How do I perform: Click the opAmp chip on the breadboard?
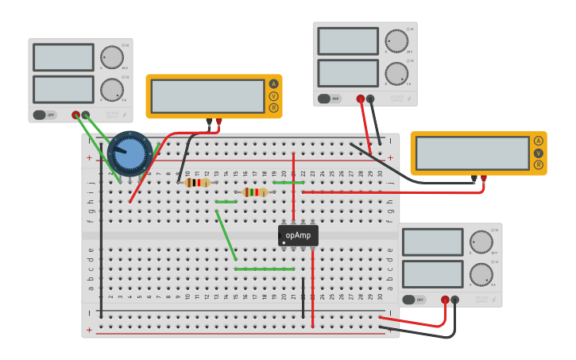tap(298, 235)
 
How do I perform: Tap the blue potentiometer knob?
tap(130, 153)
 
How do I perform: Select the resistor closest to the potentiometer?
tap(197, 183)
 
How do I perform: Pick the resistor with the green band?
tap(254, 192)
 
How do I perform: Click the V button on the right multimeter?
tap(539, 153)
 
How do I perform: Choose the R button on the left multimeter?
tap(274, 107)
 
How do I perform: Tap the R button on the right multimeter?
tap(539, 165)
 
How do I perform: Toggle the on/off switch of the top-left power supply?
tap(44, 114)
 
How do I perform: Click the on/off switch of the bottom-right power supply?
tap(413, 300)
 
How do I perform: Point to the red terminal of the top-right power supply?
tap(360, 99)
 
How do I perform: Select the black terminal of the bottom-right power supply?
tap(454, 300)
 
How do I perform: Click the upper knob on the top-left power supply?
tap(112, 57)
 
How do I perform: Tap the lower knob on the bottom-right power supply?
tap(481, 274)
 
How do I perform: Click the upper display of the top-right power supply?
tap(348, 41)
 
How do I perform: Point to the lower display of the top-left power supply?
tap(64, 89)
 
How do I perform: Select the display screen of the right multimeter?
tap(472, 153)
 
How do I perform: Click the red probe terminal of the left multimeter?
tap(219, 122)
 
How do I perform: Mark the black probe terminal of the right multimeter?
tap(474, 179)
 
